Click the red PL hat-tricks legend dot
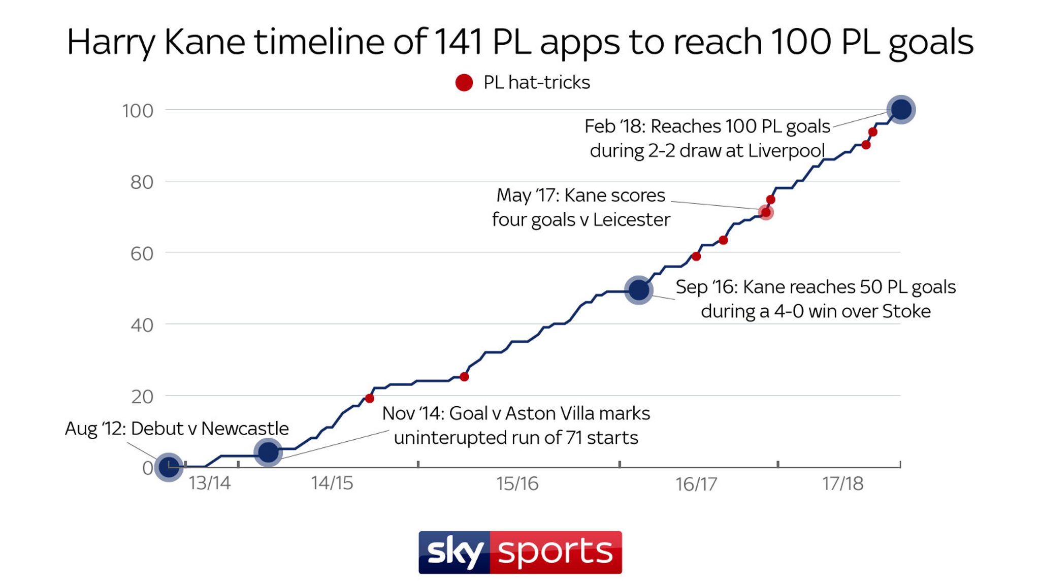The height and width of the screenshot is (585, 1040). click(x=464, y=82)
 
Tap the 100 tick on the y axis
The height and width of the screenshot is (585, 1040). click(x=138, y=111)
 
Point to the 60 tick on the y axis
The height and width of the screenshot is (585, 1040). click(x=142, y=253)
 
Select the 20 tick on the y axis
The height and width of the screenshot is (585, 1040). click(x=142, y=397)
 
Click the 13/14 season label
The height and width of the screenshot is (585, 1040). click(x=209, y=483)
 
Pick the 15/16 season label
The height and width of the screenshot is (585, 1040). click(x=517, y=483)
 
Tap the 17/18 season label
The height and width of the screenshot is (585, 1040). click(x=842, y=483)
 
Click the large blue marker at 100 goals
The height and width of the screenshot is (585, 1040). click(x=901, y=109)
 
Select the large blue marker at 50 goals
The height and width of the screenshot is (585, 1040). click(x=638, y=290)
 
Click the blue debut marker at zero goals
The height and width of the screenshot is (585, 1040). click(x=169, y=466)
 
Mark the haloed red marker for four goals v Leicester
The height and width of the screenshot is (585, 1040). click(x=765, y=212)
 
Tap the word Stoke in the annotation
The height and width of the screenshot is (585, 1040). click(x=906, y=311)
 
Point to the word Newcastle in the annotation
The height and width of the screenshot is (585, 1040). click(x=245, y=429)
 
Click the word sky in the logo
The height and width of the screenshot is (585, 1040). click(x=454, y=552)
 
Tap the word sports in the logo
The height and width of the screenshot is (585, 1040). click(x=556, y=552)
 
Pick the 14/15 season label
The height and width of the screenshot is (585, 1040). click(x=332, y=483)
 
